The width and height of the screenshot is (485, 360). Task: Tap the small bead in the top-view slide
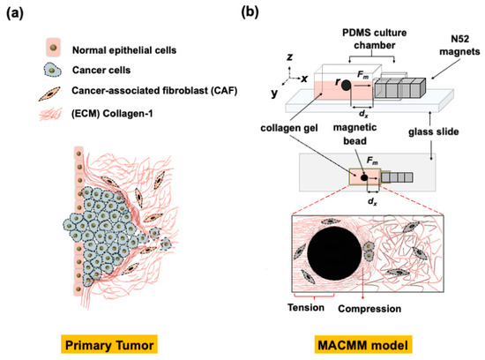pyautogui.click(x=363, y=176)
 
